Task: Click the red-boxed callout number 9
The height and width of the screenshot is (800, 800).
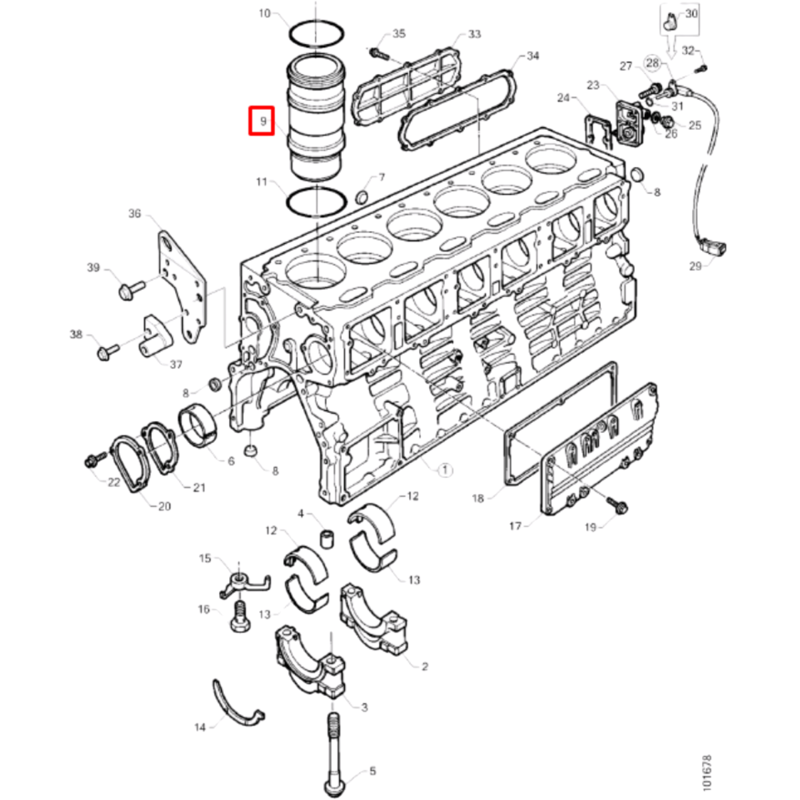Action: (261, 121)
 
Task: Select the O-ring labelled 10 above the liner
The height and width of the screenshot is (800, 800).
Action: (316, 33)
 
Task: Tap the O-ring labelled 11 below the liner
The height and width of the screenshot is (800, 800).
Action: (316, 200)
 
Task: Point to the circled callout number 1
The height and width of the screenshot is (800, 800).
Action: (445, 470)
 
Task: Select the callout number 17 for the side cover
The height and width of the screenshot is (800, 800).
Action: (515, 526)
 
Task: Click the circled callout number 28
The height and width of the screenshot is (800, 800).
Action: (652, 63)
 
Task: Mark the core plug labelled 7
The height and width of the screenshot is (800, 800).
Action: (362, 197)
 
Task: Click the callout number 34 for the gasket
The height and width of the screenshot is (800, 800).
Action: (532, 56)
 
